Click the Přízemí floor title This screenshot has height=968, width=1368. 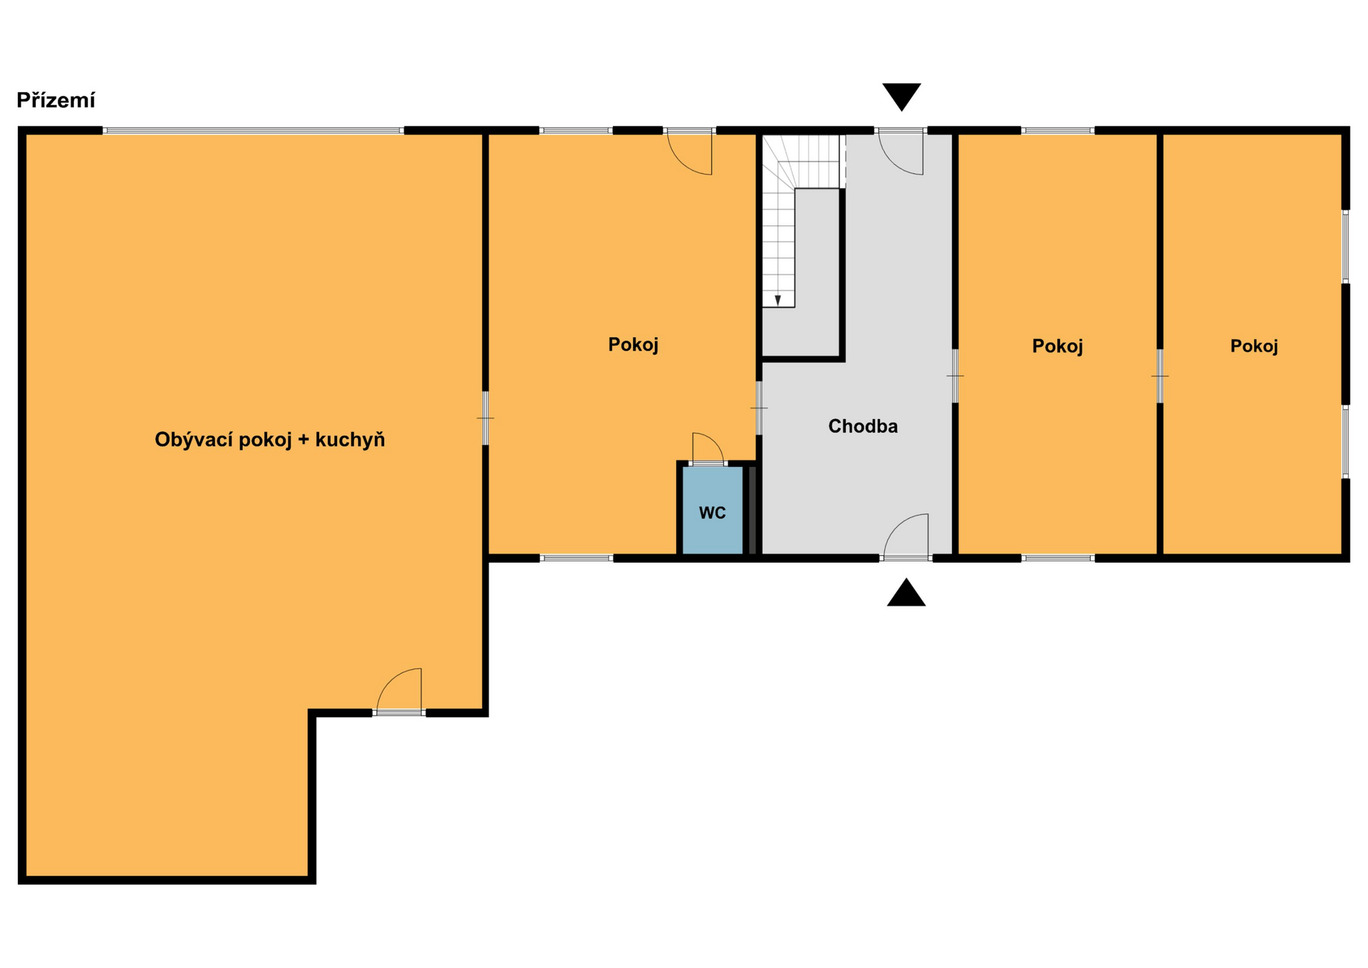coord(56,101)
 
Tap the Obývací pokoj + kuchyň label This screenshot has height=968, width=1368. coord(269,440)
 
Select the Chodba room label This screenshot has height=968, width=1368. coord(863,426)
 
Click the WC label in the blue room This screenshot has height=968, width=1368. coord(712,513)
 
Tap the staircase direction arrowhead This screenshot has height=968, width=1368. coord(778,301)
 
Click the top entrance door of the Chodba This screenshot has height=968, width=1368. coord(901,152)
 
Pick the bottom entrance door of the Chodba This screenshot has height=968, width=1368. coord(906,536)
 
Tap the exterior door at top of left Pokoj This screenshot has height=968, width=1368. coord(690,152)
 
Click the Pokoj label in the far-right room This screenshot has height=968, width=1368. coord(1254,346)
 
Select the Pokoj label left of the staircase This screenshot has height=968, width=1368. coord(633,345)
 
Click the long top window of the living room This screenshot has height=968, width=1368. coord(254,130)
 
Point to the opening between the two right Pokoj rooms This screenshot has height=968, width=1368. coord(1160,376)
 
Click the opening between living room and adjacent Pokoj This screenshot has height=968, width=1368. coord(485,418)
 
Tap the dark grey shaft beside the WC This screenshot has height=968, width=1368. coord(752,510)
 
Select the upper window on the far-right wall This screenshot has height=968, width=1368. coord(1346,247)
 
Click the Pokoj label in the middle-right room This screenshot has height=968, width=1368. coord(1057,346)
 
